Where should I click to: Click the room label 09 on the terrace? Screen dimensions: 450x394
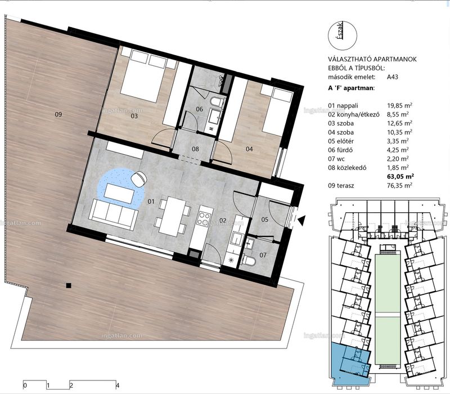pyautogui.click(x=58, y=115)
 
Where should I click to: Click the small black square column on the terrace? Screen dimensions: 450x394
pyautogui.click(x=68, y=285)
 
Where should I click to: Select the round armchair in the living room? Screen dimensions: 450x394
pyautogui.click(x=139, y=177)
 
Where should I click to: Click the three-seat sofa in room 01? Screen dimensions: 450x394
pyautogui.click(x=114, y=214)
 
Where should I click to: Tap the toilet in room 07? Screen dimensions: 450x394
pyautogui.click(x=249, y=259)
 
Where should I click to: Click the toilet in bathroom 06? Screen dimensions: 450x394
pyautogui.click(x=216, y=101)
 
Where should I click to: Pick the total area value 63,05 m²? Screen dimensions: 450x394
pyautogui.click(x=400, y=176)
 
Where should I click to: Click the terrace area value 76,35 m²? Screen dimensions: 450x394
pyautogui.click(x=399, y=185)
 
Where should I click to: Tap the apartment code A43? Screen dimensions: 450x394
pyautogui.click(x=392, y=77)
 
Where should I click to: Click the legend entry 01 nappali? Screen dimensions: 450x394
pyautogui.click(x=343, y=106)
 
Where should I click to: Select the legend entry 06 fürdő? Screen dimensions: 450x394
pyautogui.click(x=340, y=150)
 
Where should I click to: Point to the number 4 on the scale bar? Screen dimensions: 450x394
pyautogui.click(x=117, y=386)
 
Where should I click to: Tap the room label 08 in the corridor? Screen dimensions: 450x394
pyautogui.click(x=195, y=149)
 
